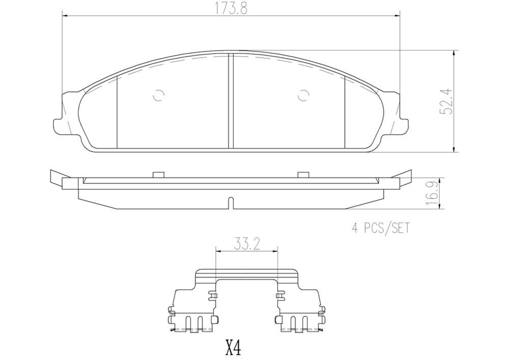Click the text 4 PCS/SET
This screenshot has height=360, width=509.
pyautogui.click(x=381, y=228)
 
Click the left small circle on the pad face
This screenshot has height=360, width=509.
pyautogui.click(x=158, y=95)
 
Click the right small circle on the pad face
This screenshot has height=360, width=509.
pyautogui.click(x=303, y=95)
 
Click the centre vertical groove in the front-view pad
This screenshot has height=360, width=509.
pyautogui.click(x=231, y=102)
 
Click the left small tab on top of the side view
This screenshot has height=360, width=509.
pyautogui.click(x=158, y=174)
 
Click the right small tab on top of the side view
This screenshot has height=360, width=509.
pyautogui.click(x=303, y=174)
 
